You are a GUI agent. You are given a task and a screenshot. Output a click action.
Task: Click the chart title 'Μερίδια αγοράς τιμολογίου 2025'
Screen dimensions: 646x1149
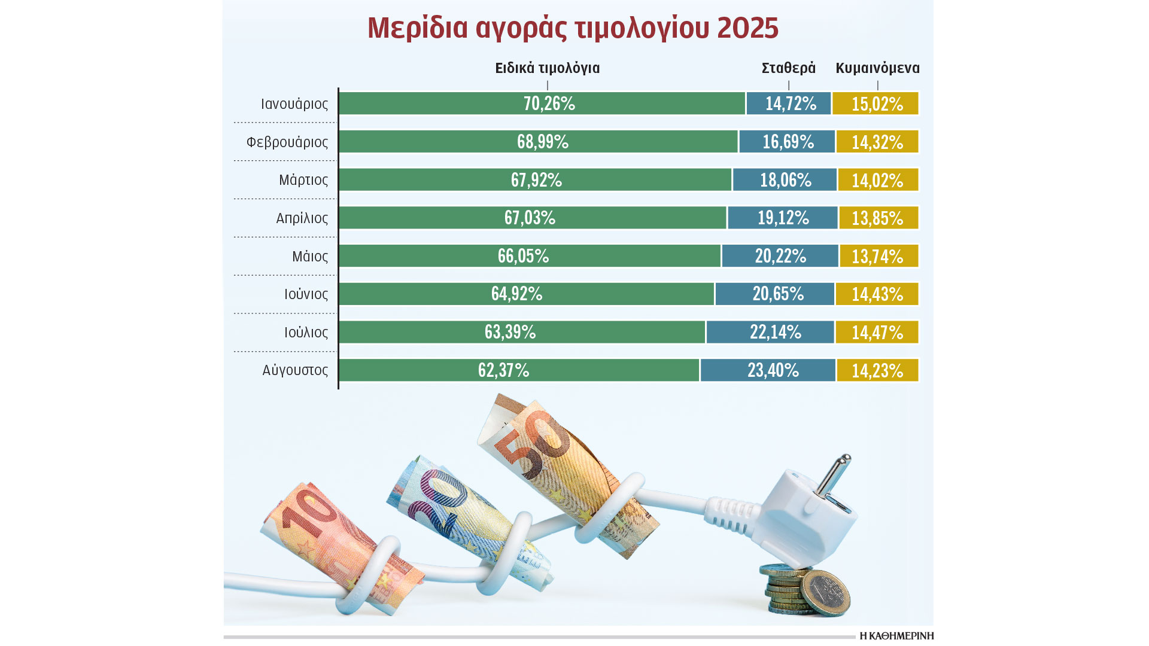(573, 28)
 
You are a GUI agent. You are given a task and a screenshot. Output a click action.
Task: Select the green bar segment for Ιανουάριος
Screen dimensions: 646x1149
(542, 103)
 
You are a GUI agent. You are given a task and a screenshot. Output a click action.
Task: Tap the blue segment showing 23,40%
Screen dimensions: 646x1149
(768, 370)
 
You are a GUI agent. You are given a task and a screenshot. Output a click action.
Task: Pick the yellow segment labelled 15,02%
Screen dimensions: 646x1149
(876, 103)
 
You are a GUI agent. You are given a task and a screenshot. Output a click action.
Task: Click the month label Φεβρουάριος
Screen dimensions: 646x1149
(287, 142)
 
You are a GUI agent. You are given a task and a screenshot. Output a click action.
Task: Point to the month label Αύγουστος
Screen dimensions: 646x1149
(295, 370)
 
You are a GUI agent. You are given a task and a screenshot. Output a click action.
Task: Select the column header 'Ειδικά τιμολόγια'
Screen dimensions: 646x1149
(547, 68)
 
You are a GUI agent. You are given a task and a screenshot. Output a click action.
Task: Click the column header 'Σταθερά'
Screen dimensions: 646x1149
(788, 68)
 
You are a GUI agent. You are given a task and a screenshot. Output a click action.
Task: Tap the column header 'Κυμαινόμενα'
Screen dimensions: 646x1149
(877, 68)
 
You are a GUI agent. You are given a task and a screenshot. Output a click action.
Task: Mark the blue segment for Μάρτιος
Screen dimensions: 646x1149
(785, 180)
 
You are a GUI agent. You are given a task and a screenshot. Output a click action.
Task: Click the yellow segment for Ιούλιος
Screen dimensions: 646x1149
(877, 333)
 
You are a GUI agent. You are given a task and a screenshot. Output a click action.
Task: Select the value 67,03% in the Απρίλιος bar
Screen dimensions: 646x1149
(530, 218)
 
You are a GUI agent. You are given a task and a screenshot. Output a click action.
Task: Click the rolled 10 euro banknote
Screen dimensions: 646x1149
(335, 544)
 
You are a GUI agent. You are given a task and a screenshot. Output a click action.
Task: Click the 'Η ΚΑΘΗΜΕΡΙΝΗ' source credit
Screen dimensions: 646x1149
(896, 636)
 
